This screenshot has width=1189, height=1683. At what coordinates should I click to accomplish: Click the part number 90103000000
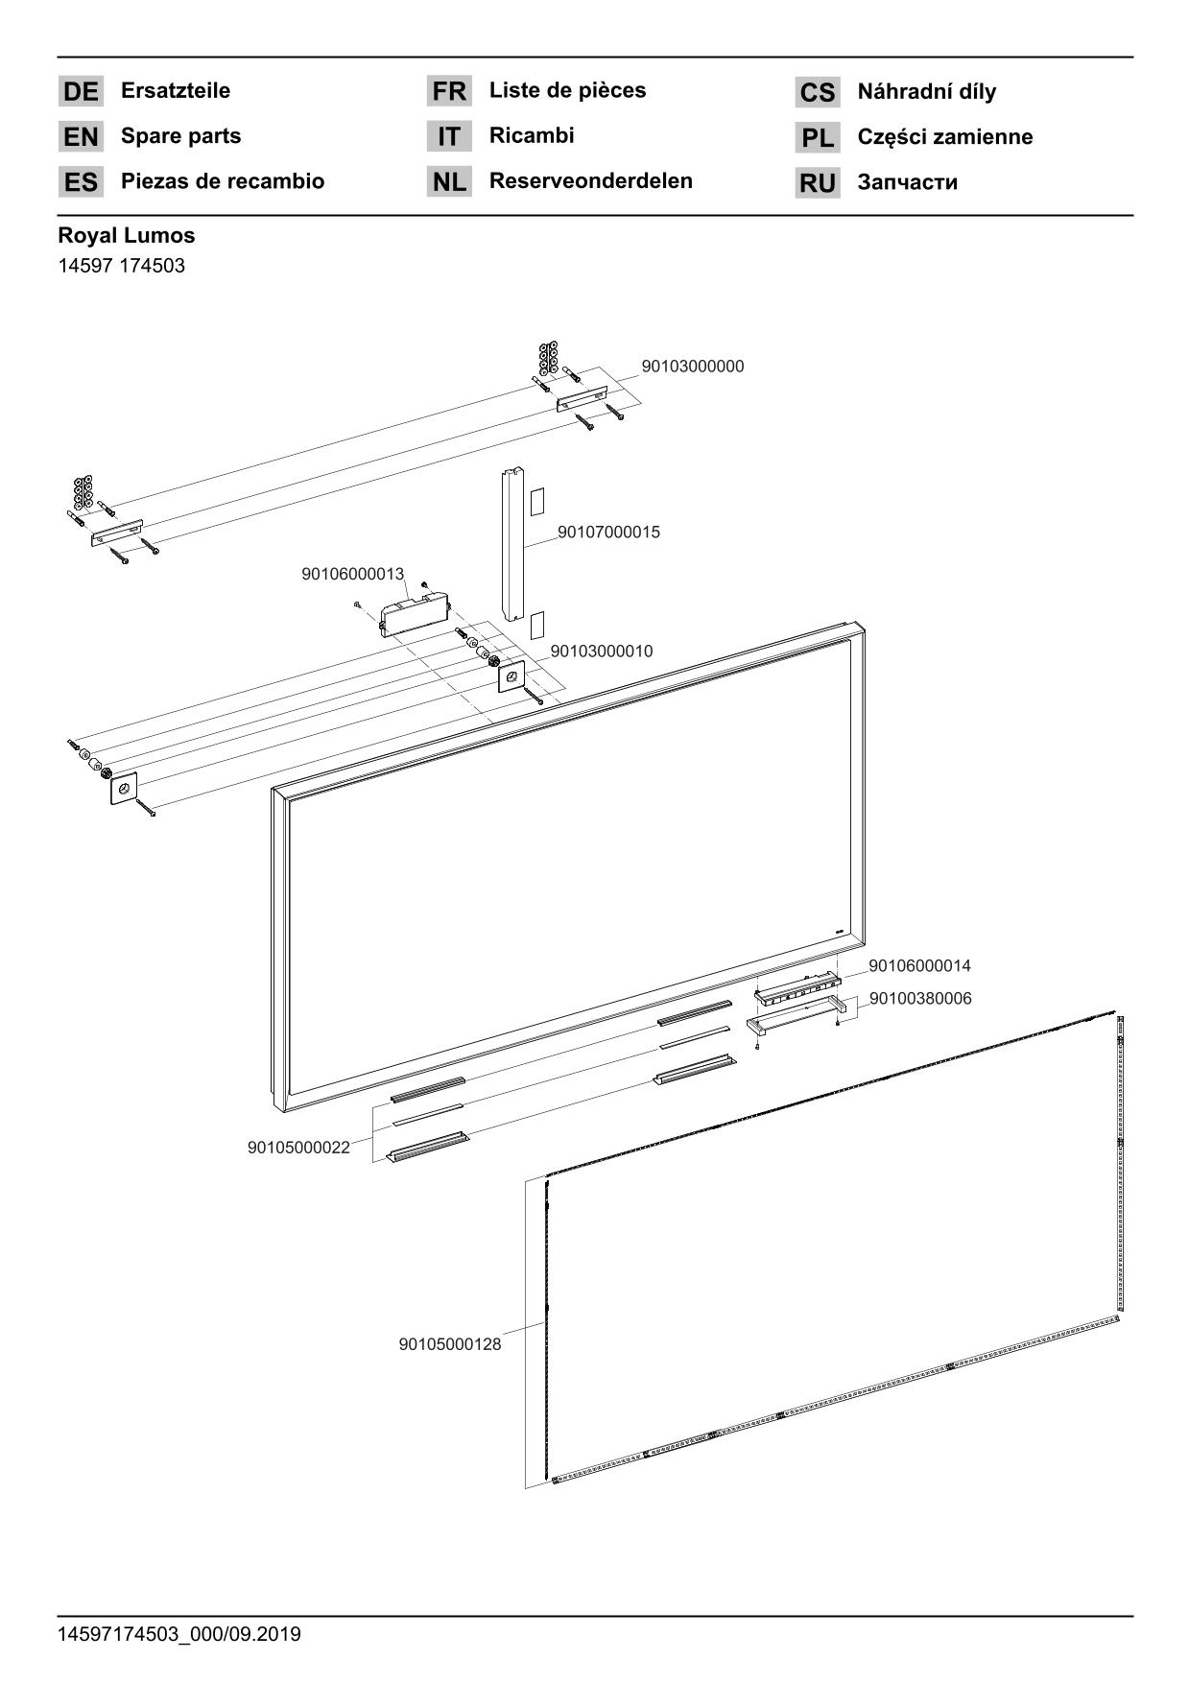(x=692, y=367)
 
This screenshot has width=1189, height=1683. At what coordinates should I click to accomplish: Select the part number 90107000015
(x=608, y=533)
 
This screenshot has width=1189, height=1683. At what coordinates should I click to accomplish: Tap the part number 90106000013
(x=352, y=574)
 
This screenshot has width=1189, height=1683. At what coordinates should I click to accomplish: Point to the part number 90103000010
(x=601, y=652)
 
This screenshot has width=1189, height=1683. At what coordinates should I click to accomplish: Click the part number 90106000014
(x=919, y=966)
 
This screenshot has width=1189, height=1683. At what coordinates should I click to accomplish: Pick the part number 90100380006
(x=920, y=999)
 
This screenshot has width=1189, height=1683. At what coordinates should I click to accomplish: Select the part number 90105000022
(x=298, y=1148)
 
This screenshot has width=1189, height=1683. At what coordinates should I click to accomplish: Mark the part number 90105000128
(x=449, y=1344)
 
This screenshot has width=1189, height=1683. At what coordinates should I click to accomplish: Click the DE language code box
(x=81, y=92)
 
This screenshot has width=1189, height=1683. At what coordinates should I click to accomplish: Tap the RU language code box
(x=817, y=183)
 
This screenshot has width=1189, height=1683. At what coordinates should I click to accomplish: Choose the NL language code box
(x=448, y=181)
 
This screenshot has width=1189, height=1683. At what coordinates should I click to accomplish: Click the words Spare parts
(x=180, y=136)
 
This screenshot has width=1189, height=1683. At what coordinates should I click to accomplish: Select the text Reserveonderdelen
(x=590, y=181)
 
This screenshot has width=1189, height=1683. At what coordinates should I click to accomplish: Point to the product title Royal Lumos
(x=126, y=235)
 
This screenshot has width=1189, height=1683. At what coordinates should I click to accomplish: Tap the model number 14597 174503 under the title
(x=121, y=266)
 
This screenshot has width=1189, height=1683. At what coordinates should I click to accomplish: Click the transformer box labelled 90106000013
(x=416, y=611)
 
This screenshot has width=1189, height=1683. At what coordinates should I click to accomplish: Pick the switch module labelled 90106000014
(x=797, y=989)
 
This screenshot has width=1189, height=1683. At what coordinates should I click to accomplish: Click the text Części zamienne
(x=944, y=137)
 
